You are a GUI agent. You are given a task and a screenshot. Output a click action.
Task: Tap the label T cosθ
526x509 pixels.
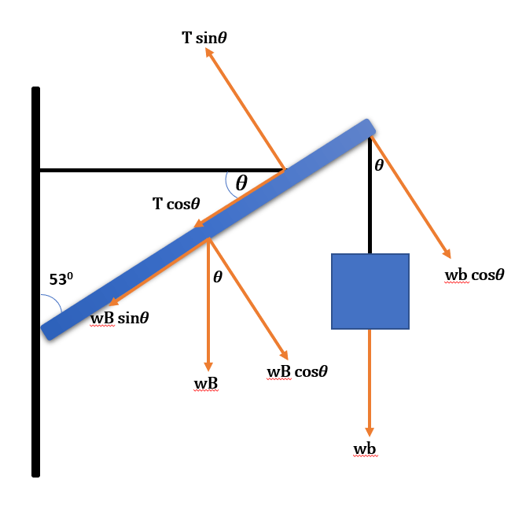click(x=177, y=204)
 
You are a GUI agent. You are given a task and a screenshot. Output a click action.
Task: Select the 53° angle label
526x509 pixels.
click(x=60, y=279)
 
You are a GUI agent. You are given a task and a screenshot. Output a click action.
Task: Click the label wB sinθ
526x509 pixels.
click(x=120, y=319)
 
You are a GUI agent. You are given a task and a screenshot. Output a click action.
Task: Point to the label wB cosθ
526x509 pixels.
click(x=297, y=371)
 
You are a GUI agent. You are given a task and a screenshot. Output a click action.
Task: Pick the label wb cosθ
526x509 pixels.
click(x=474, y=275)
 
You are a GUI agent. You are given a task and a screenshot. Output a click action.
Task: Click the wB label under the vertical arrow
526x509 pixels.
click(x=205, y=383)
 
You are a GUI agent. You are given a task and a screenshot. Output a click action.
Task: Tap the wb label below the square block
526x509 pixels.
click(x=365, y=448)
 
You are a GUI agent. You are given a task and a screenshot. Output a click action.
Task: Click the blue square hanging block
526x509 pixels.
click(x=370, y=291)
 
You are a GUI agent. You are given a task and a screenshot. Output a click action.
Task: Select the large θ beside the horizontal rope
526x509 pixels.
click(x=241, y=183)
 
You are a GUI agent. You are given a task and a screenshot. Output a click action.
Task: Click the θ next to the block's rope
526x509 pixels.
click(x=379, y=165)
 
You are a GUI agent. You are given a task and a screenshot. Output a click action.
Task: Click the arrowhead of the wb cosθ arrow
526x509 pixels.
click(x=447, y=253)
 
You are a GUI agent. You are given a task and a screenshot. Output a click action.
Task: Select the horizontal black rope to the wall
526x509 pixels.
click(x=157, y=169)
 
